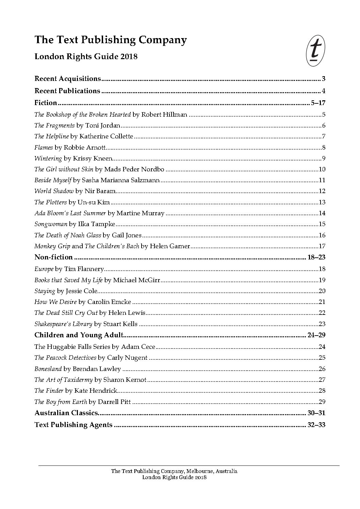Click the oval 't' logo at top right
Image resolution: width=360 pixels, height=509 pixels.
(315, 51)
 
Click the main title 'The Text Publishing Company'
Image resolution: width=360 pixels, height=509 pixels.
(111, 40)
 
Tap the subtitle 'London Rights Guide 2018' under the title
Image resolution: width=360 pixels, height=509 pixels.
(86, 56)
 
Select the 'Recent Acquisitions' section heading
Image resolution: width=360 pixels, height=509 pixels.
(68, 79)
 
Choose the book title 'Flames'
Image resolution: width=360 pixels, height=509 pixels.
(44, 148)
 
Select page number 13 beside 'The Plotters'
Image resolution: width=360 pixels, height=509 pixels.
(322, 202)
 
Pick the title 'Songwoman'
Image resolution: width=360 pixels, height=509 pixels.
(51, 224)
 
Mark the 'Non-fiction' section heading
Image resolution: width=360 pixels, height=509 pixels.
(53, 257)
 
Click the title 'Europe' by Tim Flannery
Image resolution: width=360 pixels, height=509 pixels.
(44, 269)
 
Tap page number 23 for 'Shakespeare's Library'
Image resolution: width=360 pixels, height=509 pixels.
(322, 324)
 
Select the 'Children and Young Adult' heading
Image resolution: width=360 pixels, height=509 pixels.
(78, 335)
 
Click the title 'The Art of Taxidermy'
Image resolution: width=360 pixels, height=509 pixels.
(64, 380)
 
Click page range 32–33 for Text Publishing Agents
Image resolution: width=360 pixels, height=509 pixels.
(316, 425)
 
